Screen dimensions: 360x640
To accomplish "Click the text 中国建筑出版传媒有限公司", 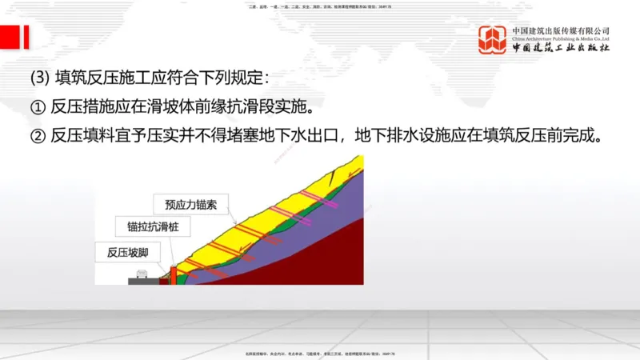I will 562,30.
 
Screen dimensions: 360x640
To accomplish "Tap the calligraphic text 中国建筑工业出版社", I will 562,48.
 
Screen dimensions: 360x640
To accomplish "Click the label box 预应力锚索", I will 185,205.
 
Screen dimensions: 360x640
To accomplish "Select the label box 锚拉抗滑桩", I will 148,228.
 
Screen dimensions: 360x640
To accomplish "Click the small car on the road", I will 142,274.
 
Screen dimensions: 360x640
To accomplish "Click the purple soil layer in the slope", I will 320,216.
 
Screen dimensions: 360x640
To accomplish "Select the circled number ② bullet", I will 38,134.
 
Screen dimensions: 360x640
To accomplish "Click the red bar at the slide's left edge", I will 26,36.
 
